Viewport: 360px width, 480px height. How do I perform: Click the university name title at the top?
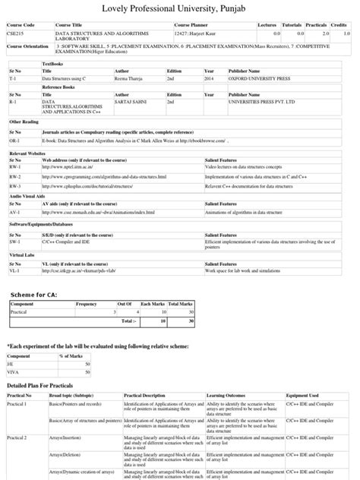[180, 10]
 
